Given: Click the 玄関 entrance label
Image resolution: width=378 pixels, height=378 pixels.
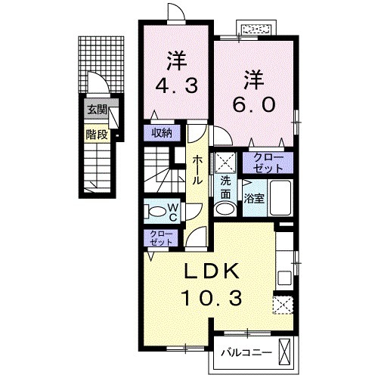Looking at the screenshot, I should pyautogui.click(x=96, y=110).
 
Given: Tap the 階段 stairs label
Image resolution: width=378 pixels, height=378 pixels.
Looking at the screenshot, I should pyautogui.click(x=95, y=137).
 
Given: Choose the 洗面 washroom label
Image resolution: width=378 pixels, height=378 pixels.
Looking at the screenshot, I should pyautogui.click(x=226, y=187).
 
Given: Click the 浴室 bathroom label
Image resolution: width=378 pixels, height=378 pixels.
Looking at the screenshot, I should pyautogui.click(x=253, y=198).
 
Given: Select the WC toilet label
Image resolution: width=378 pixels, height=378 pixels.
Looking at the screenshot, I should pyautogui.click(x=172, y=212).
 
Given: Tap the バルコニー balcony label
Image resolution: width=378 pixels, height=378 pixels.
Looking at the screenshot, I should pyautogui.click(x=246, y=352).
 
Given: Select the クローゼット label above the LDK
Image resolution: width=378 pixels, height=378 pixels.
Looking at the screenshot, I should pyautogui.click(x=160, y=239).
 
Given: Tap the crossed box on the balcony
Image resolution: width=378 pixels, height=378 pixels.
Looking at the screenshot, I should pyautogui.click(x=287, y=352).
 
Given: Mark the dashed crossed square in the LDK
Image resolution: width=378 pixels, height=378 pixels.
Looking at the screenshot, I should pyautogui.click(x=283, y=306).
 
